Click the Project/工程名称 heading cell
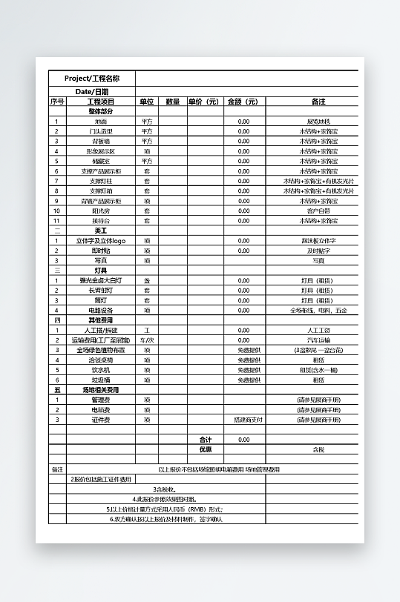tap(92, 79)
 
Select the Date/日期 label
tap(92, 91)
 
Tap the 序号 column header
tap(57, 102)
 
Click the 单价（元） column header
tap(203, 102)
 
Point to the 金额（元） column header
tap(243, 102)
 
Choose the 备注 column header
tap(318, 102)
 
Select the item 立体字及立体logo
tap(100, 241)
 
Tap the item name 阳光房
tap(100, 211)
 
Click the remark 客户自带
tap(318, 211)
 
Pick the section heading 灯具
tap(100, 271)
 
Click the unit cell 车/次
tap(147, 340)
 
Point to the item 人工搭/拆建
tap(100, 330)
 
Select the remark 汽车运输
tap(318, 340)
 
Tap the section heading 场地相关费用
tap(100, 389)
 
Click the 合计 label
tap(206, 440)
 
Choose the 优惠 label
tap(206, 449)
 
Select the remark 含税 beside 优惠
tap(318, 449)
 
